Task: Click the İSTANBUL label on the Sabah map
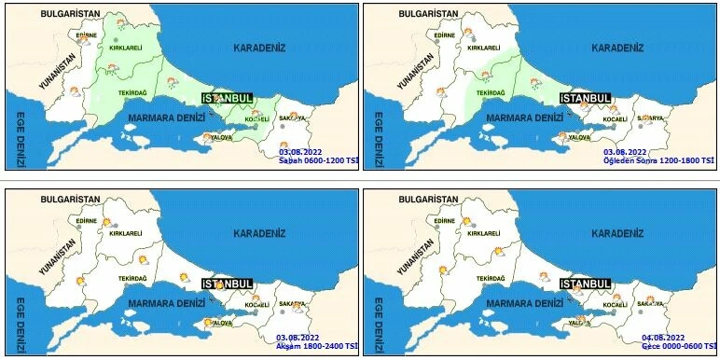[x=228, y=98]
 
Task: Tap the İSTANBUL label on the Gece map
[x=585, y=284]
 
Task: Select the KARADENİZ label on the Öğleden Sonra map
[x=616, y=48]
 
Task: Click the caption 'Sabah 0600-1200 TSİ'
[x=318, y=160]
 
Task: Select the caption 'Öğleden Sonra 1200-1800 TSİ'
[x=658, y=160]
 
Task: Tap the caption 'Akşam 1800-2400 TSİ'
[x=317, y=346]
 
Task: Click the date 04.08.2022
[x=663, y=337]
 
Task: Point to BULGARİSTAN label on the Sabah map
[x=71, y=15]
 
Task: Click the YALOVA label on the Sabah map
[x=222, y=137]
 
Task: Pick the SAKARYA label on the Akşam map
[x=292, y=303]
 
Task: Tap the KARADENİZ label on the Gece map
[x=616, y=233]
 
